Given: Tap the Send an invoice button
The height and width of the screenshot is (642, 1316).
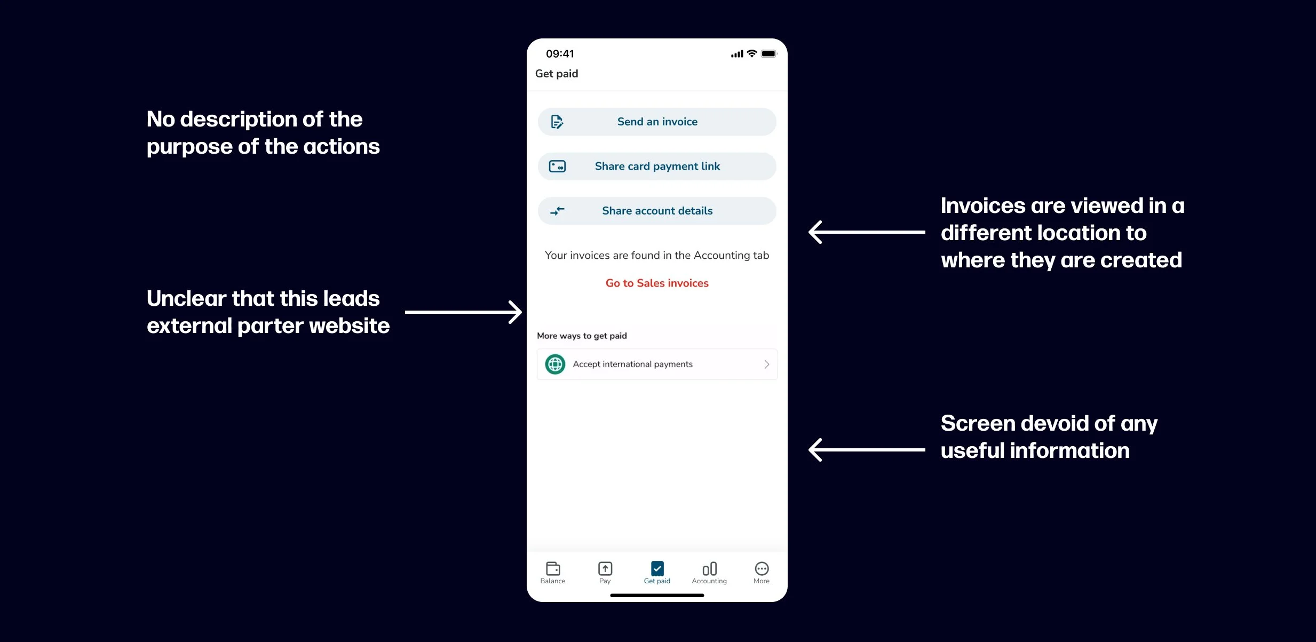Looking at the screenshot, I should pyautogui.click(x=657, y=122).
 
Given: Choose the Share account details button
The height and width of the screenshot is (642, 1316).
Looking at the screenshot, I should pyautogui.click(x=657, y=211).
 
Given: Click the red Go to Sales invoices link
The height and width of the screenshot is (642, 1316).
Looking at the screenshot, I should pyautogui.click(x=657, y=283).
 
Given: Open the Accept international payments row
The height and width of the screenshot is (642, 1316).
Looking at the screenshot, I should pyautogui.click(x=657, y=364).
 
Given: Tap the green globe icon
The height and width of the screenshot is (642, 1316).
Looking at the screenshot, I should pyautogui.click(x=555, y=364).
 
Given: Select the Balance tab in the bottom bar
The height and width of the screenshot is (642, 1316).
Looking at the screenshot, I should pyautogui.click(x=553, y=573).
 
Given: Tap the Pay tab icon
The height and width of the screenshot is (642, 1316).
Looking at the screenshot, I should pyautogui.click(x=605, y=569).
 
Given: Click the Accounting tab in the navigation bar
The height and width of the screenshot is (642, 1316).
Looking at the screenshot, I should pyautogui.click(x=709, y=573).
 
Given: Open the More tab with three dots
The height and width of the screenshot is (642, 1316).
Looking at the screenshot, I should pyautogui.click(x=762, y=573).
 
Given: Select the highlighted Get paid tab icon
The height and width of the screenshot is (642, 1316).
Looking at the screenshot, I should pyautogui.click(x=657, y=569).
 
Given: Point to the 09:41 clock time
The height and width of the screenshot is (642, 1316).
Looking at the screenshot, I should pyautogui.click(x=560, y=54).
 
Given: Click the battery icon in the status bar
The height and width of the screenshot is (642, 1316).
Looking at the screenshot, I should pyautogui.click(x=769, y=54).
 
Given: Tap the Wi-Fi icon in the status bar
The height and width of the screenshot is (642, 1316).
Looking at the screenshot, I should pyautogui.click(x=752, y=53).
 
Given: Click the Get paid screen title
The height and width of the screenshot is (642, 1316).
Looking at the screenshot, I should pyautogui.click(x=557, y=74).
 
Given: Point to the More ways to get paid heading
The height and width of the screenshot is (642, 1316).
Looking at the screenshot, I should pyautogui.click(x=582, y=336).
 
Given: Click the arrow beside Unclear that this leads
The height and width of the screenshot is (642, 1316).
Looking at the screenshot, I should pyautogui.click(x=463, y=312).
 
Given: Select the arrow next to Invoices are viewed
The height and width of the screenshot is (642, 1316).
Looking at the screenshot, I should pyautogui.click(x=867, y=232).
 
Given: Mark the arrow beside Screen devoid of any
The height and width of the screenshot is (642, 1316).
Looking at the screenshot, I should pyautogui.click(x=867, y=450).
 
